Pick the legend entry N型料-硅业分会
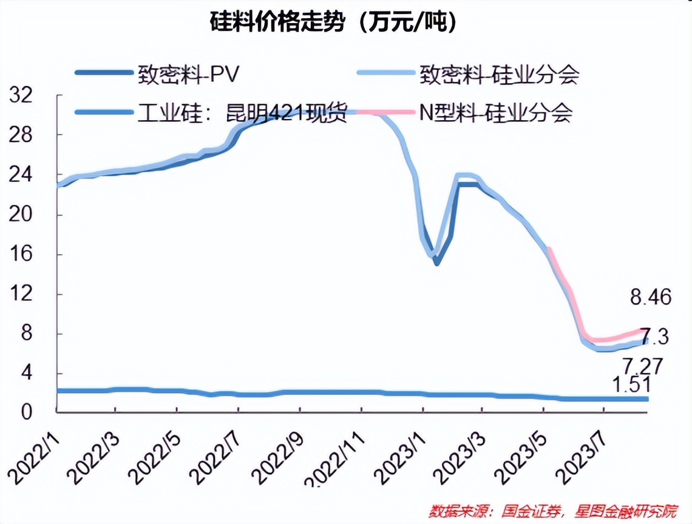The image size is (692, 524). click(495, 113)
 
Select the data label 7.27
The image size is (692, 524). click(641, 366)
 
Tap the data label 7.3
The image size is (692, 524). click(654, 336)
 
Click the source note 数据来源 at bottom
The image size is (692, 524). click(552, 511)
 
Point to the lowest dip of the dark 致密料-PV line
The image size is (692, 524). click(436, 263)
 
